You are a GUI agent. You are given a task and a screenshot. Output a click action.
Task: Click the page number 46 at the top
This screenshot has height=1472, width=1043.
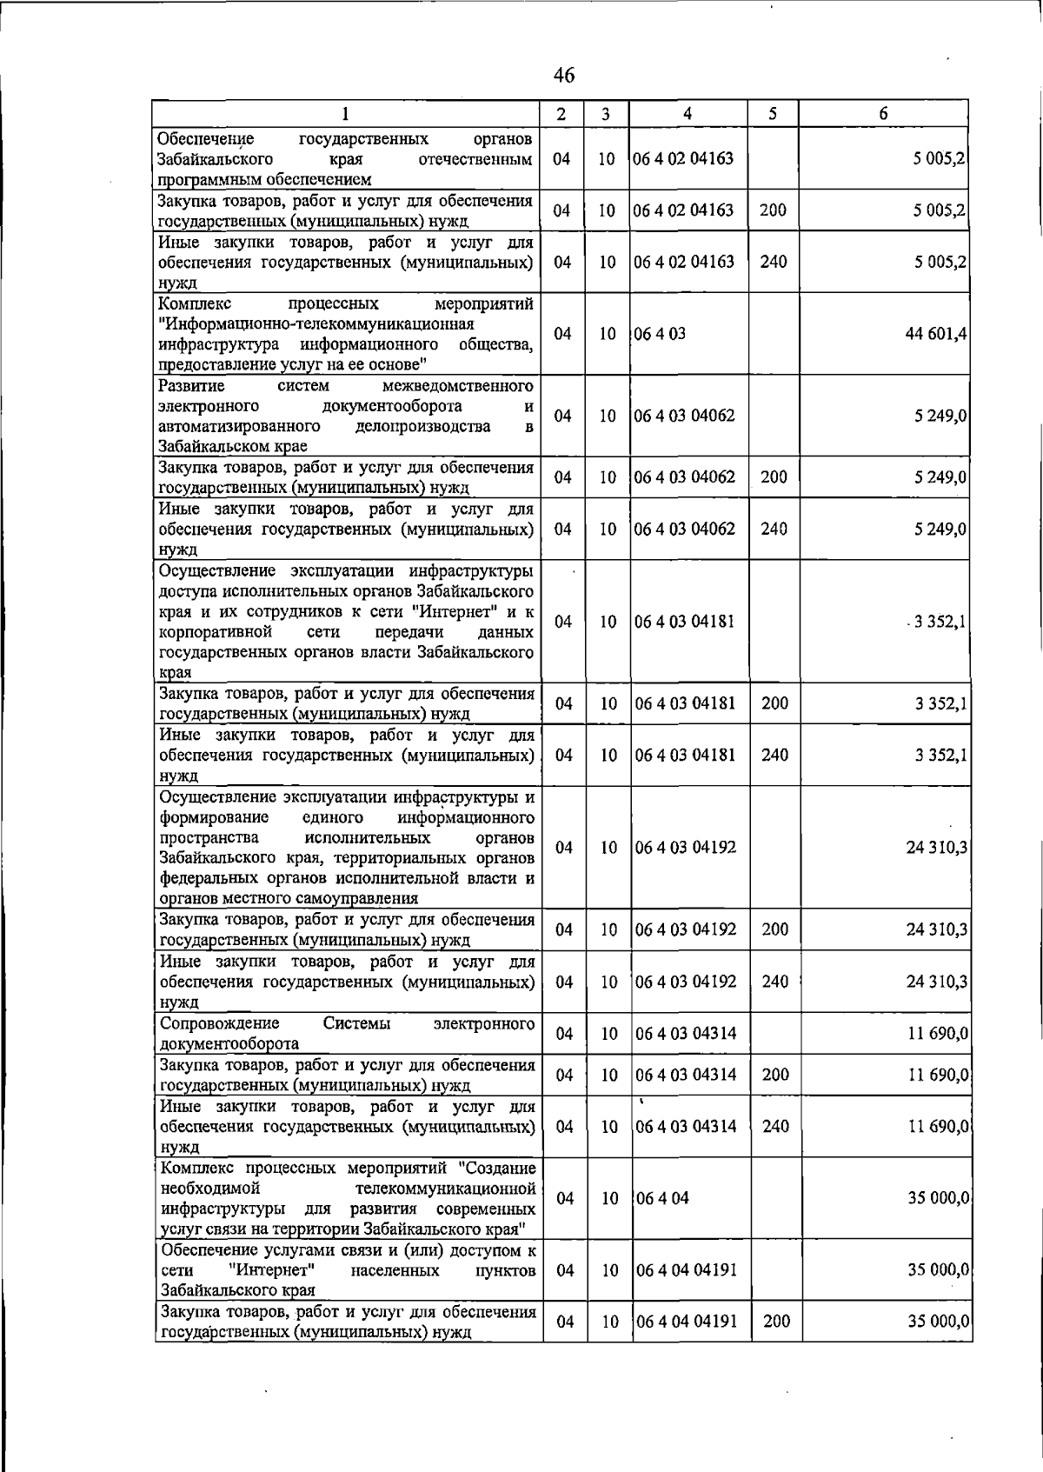point(563,76)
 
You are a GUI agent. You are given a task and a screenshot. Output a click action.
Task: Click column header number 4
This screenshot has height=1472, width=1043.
point(688,113)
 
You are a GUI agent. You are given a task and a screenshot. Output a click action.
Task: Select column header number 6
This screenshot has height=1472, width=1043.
point(883,113)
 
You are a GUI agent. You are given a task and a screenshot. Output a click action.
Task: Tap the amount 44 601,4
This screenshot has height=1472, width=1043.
point(936,334)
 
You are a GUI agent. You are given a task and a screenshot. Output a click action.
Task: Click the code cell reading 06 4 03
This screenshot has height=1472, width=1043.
point(660,334)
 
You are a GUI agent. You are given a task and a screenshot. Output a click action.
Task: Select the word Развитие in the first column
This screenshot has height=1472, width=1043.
point(191,385)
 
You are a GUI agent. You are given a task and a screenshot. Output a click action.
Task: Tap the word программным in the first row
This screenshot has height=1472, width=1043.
point(203,180)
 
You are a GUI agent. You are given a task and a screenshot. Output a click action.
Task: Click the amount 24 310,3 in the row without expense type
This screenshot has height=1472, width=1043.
point(937,848)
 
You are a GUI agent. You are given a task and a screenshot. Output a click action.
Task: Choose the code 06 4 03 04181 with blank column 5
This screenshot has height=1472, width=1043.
point(685,622)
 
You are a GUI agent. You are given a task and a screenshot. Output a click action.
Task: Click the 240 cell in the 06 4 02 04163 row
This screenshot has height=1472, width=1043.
point(774,262)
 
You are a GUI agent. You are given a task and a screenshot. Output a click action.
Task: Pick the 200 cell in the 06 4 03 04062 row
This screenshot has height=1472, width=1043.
point(774,477)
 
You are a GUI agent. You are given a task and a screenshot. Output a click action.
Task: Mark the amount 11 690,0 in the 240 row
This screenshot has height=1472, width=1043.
point(939,1126)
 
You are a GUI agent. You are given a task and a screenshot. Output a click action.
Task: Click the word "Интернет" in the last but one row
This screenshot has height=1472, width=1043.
point(277,1270)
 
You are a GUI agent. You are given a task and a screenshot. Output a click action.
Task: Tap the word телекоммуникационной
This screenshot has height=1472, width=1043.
point(445,1188)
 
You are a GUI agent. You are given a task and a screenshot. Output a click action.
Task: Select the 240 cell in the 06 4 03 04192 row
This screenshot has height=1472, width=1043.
point(774,982)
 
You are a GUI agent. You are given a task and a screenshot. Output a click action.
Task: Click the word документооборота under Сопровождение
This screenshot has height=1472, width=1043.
point(229,1043)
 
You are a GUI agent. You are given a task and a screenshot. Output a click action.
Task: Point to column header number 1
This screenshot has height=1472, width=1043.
point(345,113)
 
